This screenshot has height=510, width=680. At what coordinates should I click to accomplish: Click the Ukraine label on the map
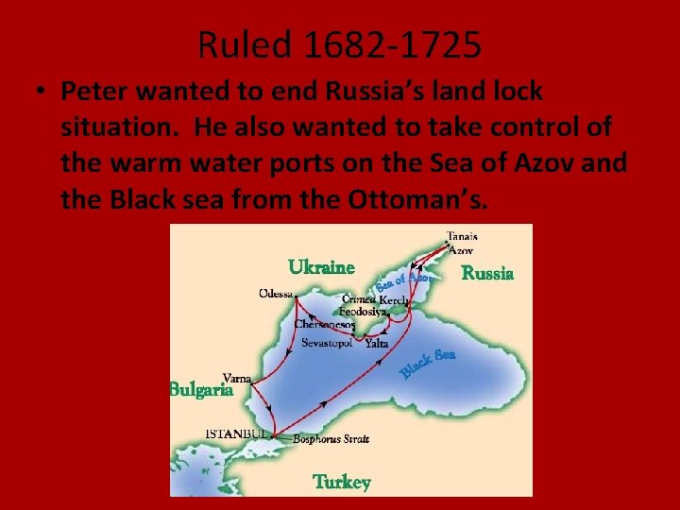(321, 267)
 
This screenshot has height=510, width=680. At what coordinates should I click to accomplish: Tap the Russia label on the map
(487, 274)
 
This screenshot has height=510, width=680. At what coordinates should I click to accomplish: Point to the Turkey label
(342, 482)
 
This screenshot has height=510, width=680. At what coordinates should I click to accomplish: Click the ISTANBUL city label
(238, 433)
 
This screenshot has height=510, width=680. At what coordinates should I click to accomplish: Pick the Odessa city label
(276, 293)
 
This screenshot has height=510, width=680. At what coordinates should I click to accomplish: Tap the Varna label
(236, 376)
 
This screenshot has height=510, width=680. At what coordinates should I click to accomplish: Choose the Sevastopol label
(327, 343)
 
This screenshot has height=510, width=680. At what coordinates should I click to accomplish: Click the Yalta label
(377, 344)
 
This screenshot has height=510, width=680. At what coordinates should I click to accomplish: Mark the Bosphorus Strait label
(331, 438)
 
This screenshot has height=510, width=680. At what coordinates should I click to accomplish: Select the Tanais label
(462, 237)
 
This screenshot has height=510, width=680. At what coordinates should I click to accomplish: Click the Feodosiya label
(364, 311)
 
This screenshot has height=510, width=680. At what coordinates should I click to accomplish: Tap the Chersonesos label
(324, 324)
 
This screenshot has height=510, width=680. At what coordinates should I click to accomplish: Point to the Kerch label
(394, 299)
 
